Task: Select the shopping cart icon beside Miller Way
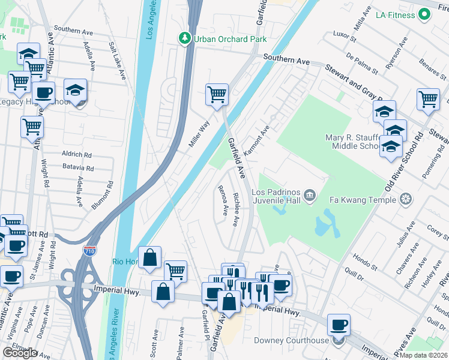pyautogui.click(x=216, y=95)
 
